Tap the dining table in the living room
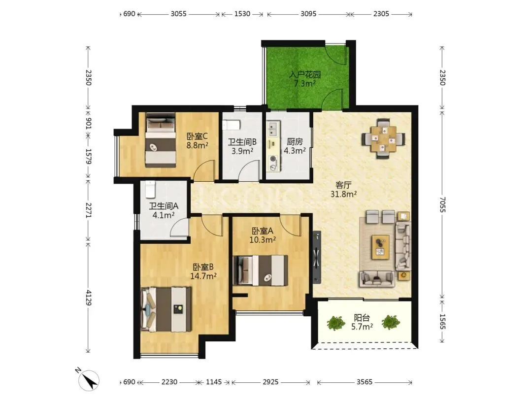(x=383, y=138)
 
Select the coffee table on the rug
(x=380, y=247)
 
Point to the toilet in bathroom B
(x=232, y=125)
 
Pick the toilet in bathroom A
(x=150, y=189)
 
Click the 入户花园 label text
(x=305, y=74)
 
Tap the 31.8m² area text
(x=343, y=194)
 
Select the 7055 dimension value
(x=442, y=204)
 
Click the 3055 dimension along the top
(x=178, y=14)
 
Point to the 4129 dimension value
(x=88, y=298)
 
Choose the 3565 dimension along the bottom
(x=365, y=382)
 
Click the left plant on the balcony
(x=336, y=323)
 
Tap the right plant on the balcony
(x=391, y=322)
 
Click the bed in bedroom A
(x=261, y=270)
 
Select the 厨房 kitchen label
(x=295, y=141)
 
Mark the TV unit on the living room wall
(x=317, y=257)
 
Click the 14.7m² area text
(x=203, y=276)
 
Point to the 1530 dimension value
(x=242, y=14)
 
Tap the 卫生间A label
(x=164, y=206)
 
